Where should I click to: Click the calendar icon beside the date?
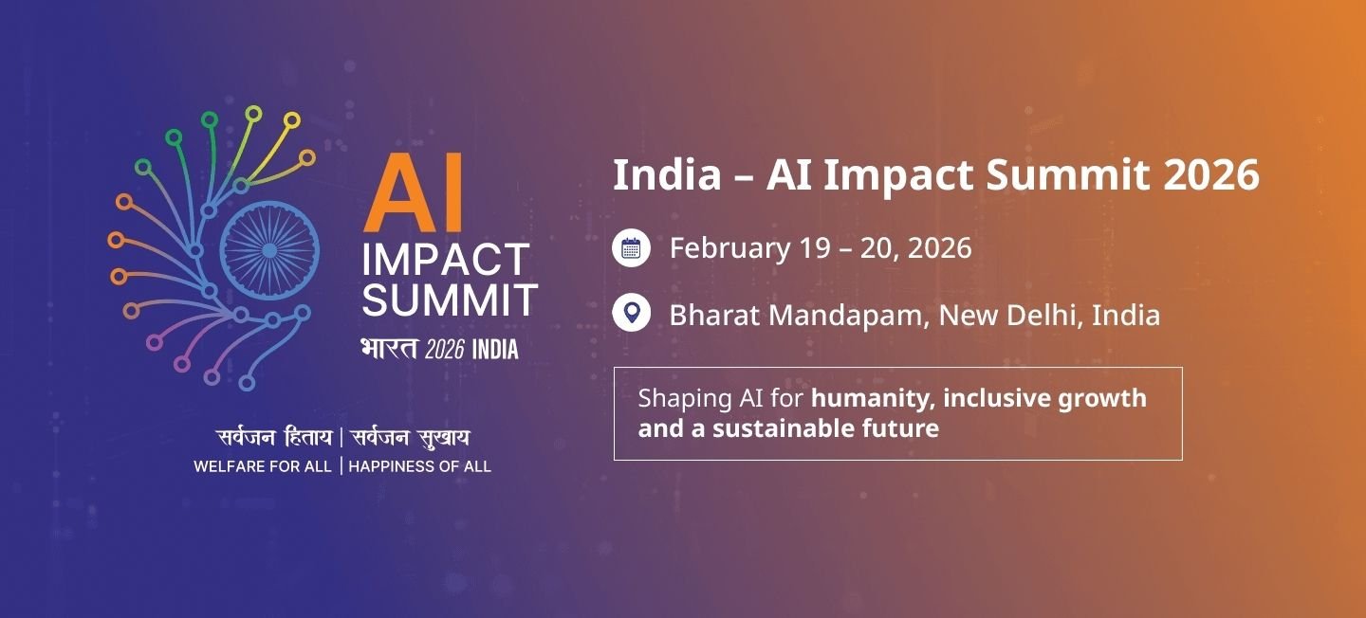pyautogui.click(x=631, y=248)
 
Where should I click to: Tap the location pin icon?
pyautogui.click(x=631, y=313)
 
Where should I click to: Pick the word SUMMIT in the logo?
pyautogui.click(x=450, y=300)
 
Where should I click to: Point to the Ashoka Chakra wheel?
pyautogui.click(x=268, y=250)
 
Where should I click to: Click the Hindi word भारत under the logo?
pyautogui.click(x=389, y=349)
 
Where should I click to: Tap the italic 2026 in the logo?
pyautogui.click(x=444, y=350)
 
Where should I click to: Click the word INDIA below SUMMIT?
pyautogui.click(x=495, y=350)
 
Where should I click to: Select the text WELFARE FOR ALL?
pyautogui.click(x=263, y=466)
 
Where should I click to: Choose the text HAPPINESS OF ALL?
pyautogui.click(x=420, y=466)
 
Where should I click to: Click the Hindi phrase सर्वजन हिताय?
pyautogui.click(x=274, y=438)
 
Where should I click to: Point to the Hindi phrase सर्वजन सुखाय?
pyautogui.click(x=411, y=438)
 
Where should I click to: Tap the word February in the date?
pyautogui.click(x=729, y=248)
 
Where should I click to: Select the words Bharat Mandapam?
pyautogui.click(x=796, y=315)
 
